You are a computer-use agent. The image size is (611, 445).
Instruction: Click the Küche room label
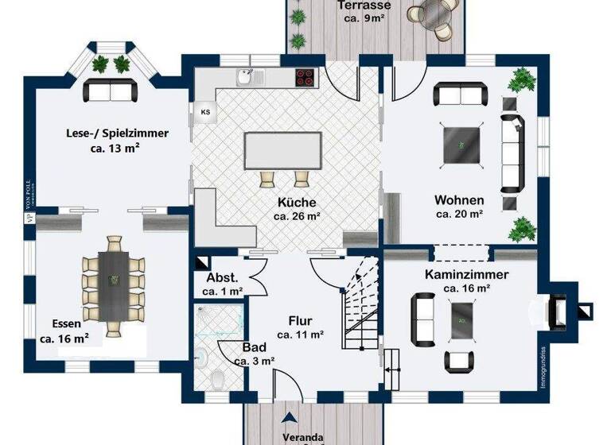(x=296, y=202)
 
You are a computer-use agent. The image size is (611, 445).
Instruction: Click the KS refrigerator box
(x=204, y=111)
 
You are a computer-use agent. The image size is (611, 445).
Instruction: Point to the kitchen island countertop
(x=285, y=149)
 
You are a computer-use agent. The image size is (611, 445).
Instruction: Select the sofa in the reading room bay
(x=111, y=91)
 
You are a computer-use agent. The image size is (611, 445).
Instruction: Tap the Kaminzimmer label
(x=466, y=274)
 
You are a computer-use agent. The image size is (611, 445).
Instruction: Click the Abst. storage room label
(x=222, y=278)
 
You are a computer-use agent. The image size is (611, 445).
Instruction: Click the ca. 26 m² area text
(x=296, y=215)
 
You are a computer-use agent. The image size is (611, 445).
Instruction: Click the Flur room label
(x=299, y=321)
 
